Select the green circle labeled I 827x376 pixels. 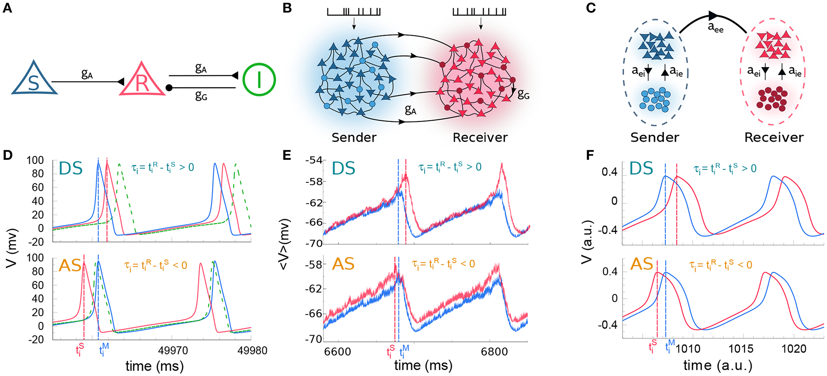[259, 79]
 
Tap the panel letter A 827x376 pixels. [7, 8]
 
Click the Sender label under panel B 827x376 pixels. [354, 138]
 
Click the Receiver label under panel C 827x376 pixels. [774, 138]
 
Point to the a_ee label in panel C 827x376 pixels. [716, 28]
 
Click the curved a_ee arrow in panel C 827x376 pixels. [714, 17]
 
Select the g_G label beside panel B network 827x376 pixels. [523, 95]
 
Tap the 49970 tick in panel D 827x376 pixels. [173, 351]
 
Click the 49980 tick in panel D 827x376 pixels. [252, 351]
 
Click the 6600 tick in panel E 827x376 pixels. [337, 352]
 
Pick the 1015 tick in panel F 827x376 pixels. [741, 349]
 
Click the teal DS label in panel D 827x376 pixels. [71, 168]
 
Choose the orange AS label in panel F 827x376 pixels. [641, 264]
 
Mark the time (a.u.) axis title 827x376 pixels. [718, 366]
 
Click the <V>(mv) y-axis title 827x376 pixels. [284, 245]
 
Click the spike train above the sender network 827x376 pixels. [353, 12]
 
